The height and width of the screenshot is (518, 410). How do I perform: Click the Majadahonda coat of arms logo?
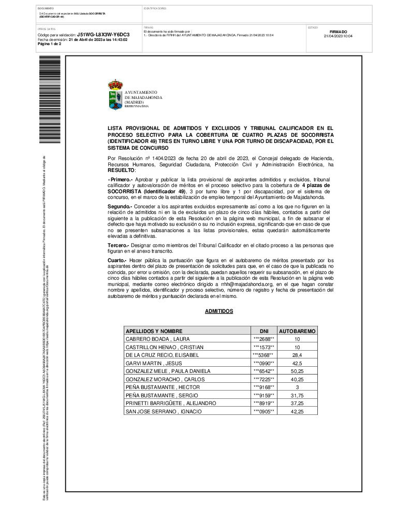[115, 94]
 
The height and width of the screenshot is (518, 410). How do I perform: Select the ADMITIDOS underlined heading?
[219, 311]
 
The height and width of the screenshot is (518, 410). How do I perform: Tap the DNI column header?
[263, 330]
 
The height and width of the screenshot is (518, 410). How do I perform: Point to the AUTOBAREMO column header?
[297, 330]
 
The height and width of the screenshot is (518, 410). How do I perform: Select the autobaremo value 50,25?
[297, 371]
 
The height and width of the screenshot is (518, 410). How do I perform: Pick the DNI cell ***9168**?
[263, 387]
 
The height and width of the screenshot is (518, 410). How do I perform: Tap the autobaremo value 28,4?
[297, 355]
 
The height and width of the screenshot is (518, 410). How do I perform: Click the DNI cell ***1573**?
[263, 347]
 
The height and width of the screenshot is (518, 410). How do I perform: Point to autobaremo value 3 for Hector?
[297, 387]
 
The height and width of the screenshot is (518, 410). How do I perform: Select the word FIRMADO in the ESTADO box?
[338, 32]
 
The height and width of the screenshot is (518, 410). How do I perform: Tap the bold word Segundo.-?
[120, 206]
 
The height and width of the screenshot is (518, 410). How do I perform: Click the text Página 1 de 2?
[50, 44]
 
